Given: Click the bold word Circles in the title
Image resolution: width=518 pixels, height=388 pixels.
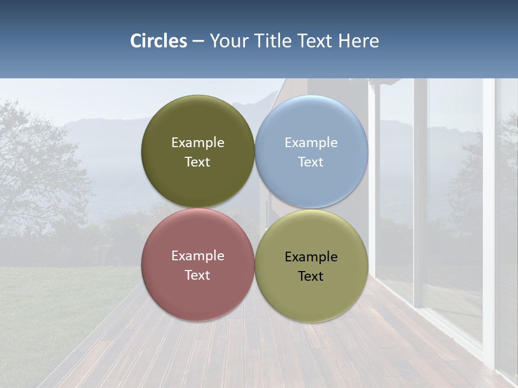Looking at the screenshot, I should [159, 41].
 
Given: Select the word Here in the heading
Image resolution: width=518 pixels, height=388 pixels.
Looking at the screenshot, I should [358, 41].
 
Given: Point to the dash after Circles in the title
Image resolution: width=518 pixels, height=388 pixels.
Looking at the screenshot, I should [198, 41].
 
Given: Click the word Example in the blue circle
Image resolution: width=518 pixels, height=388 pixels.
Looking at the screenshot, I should [311, 142].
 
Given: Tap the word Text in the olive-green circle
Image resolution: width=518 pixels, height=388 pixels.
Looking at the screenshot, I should [197, 162].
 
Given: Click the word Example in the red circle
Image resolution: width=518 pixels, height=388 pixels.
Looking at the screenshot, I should [197, 255].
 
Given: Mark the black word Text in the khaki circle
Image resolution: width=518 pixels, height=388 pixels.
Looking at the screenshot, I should [311, 276].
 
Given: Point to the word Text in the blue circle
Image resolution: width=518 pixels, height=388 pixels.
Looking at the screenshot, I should [311, 162].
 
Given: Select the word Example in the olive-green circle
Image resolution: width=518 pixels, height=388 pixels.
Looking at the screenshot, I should [197, 142].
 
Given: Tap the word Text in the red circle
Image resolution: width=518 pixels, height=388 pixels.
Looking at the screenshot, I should [197, 275].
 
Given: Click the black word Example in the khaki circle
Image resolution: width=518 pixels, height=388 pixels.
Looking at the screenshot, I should [311, 257].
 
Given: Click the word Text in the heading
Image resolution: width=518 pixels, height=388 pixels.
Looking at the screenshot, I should [315, 41].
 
